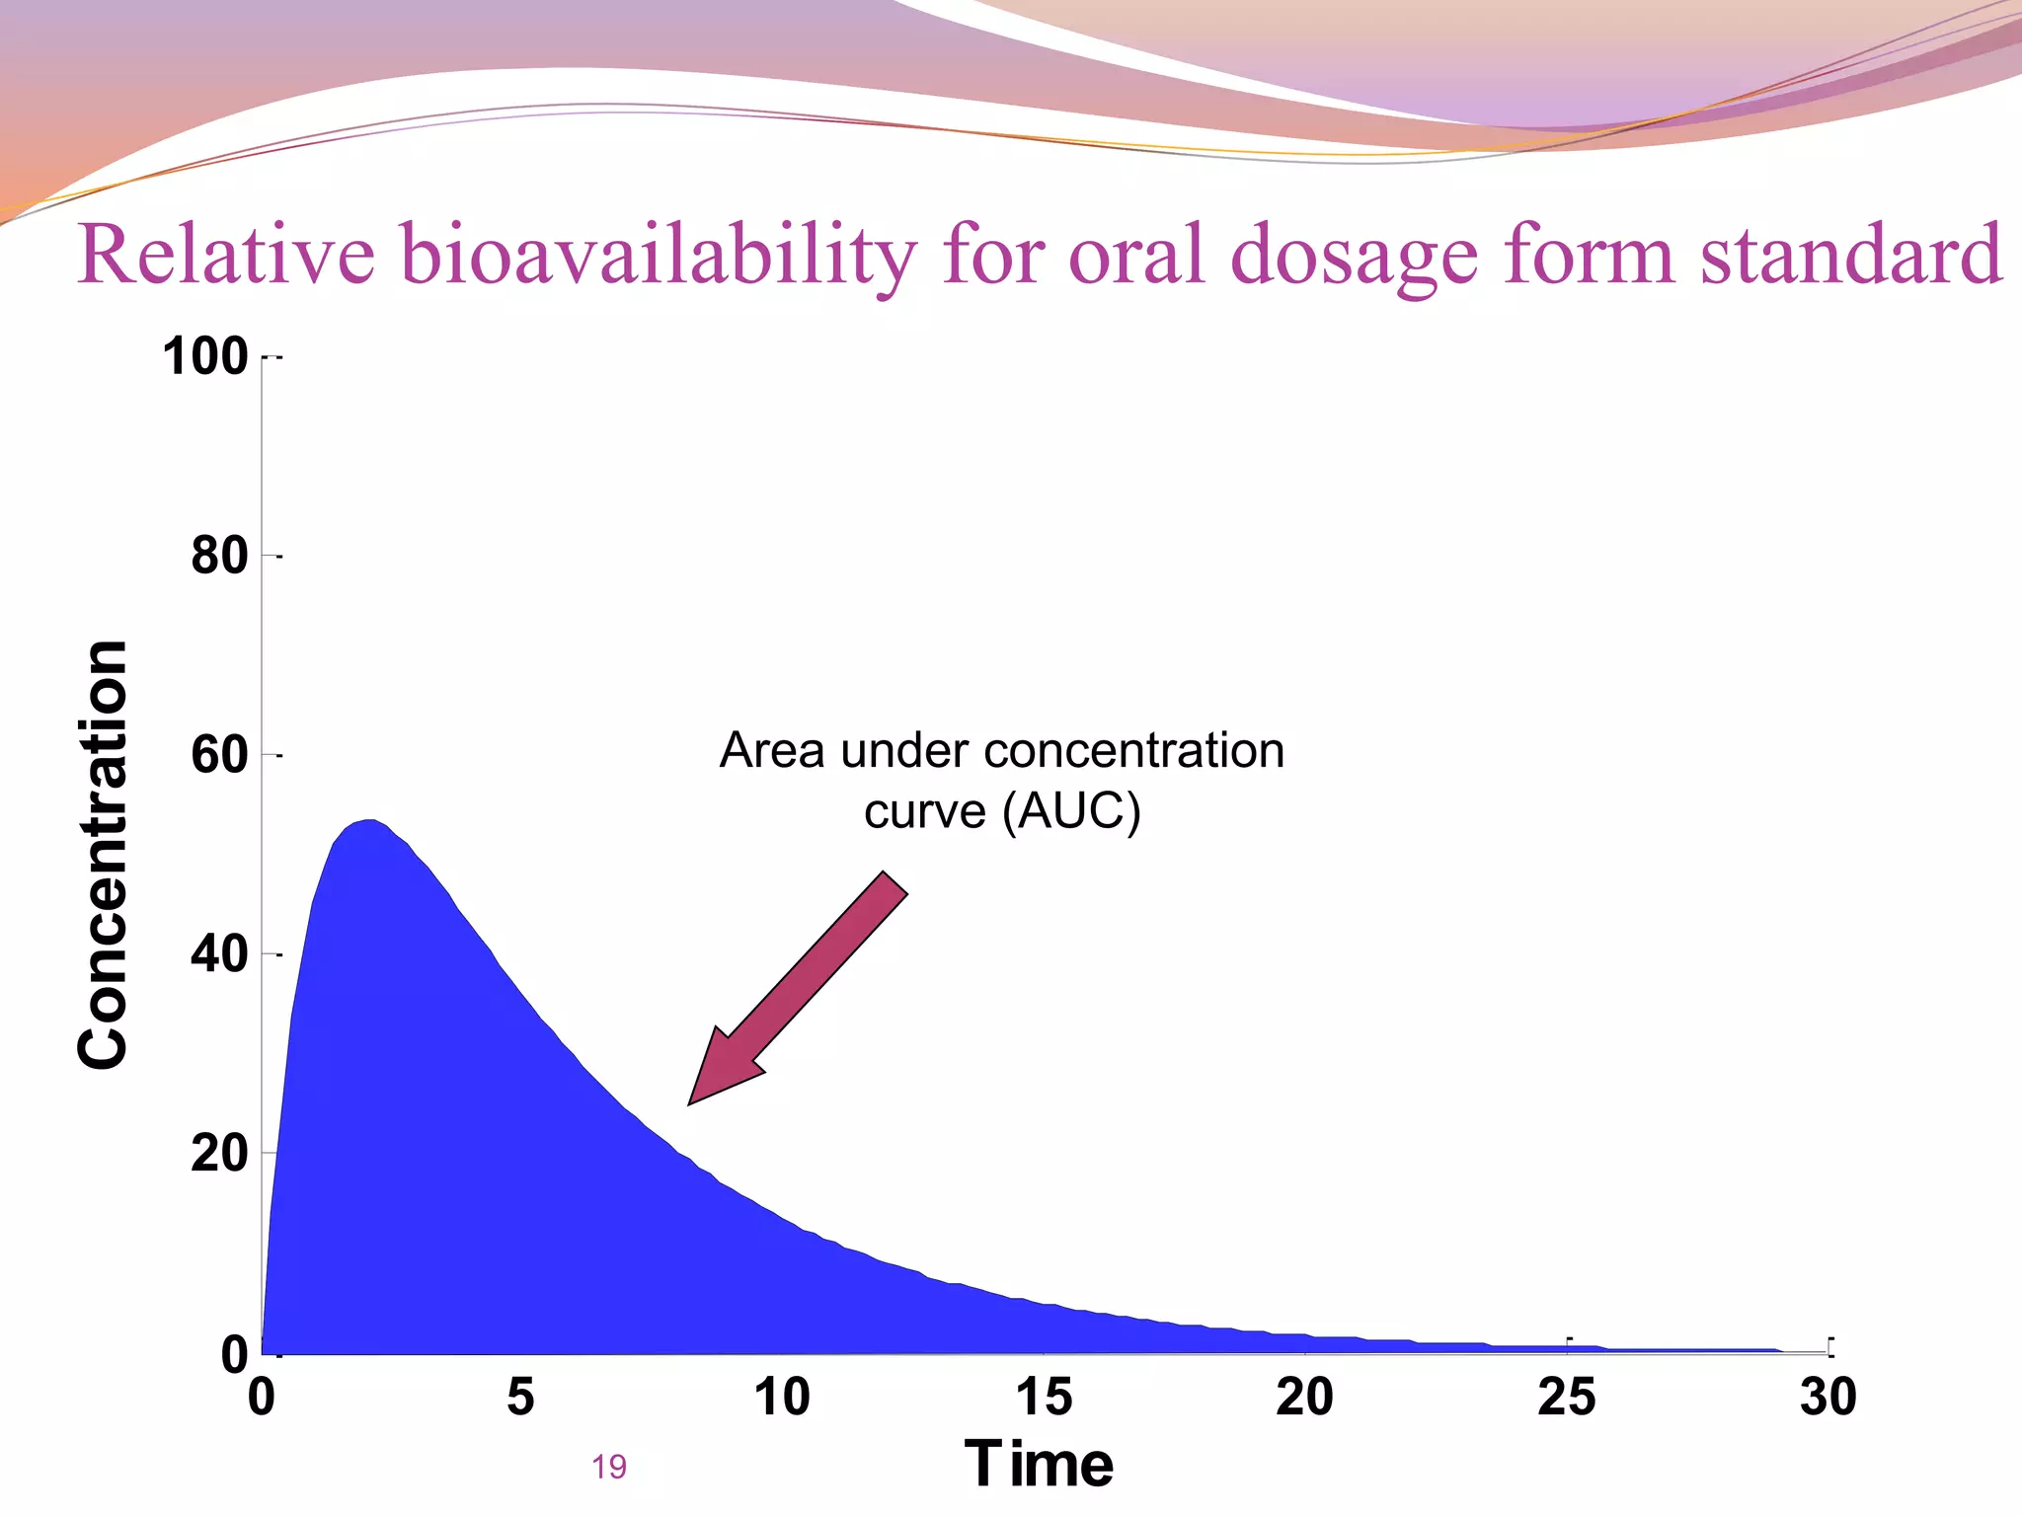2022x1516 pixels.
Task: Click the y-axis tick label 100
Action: click(205, 356)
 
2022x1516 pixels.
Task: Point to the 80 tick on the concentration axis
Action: click(219, 556)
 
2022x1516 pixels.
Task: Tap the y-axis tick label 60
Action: click(219, 755)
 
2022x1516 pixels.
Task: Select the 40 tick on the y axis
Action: click(219, 954)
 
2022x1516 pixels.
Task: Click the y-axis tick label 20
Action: click(219, 1153)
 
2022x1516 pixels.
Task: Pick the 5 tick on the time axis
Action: click(520, 1397)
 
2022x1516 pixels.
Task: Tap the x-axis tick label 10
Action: click(782, 1397)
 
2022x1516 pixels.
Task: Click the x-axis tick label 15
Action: click(1044, 1397)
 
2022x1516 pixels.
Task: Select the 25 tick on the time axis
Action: click(1566, 1397)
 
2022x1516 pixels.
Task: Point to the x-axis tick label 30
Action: click(1828, 1397)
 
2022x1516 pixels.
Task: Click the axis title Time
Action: click(1039, 1464)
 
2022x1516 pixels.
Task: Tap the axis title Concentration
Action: click(103, 855)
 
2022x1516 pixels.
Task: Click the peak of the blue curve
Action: click(368, 821)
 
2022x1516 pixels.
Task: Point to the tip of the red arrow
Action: click(690, 1102)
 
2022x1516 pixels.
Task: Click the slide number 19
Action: click(609, 1468)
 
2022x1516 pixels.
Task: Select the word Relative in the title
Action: click(226, 255)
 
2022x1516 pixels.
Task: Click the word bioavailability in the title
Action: click(659, 255)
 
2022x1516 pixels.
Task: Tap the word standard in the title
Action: click(1851, 255)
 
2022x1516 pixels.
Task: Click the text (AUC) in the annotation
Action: click(1071, 811)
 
